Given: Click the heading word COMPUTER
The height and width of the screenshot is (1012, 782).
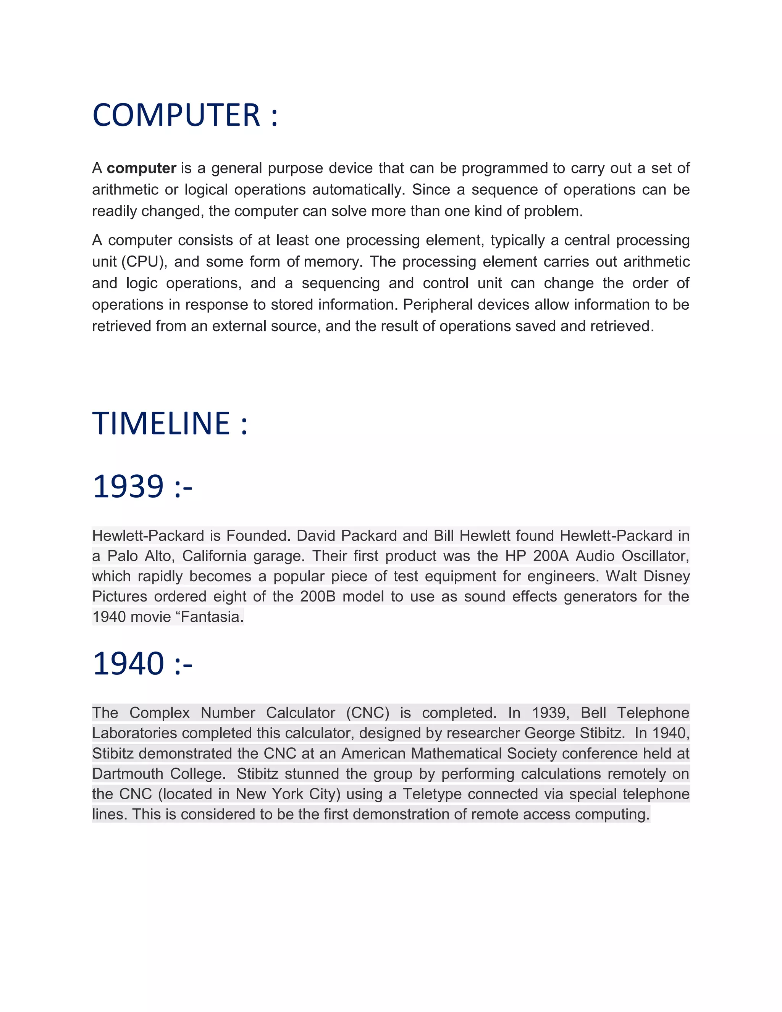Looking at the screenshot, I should [x=176, y=115].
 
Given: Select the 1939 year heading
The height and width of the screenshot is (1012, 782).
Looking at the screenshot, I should [x=128, y=487].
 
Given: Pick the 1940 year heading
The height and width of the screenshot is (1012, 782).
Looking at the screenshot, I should [x=128, y=664].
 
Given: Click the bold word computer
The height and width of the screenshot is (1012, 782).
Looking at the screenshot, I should [x=141, y=168].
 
